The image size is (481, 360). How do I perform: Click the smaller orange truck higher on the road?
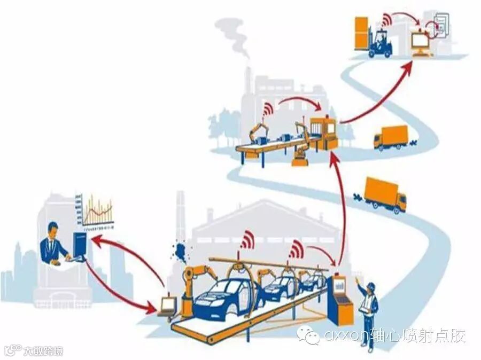(391, 137)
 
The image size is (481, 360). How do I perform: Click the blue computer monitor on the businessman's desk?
(80, 245)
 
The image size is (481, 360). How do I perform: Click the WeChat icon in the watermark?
(309, 335)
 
